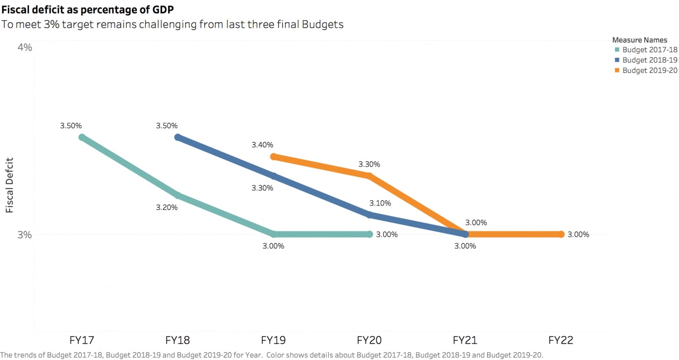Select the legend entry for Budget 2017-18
[x=645, y=50]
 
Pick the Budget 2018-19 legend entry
[x=645, y=60]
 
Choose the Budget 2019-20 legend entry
[x=645, y=71]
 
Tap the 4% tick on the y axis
[x=25, y=48]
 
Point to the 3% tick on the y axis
[x=25, y=234]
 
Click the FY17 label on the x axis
[x=82, y=340]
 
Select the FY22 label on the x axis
[x=561, y=340]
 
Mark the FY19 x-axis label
[x=273, y=340]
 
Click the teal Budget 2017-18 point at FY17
[x=82, y=138]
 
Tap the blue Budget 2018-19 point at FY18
[x=178, y=138]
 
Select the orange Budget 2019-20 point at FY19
[x=273, y=157]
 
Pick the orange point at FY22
[x=561, y=234]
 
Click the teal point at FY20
[x=369, y=234]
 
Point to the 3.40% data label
[x=263, y=145]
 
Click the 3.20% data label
[x=167, y=208]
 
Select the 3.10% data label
[x=380, y=203]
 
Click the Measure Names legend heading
[x=639, y=40]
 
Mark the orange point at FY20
[x=369, y=176]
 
